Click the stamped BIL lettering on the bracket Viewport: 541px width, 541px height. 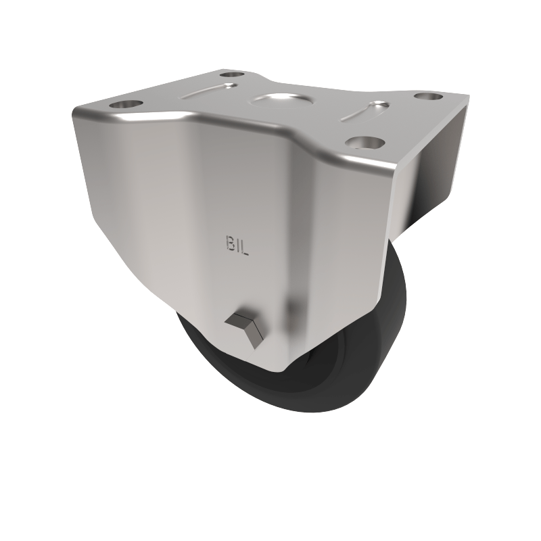point(236,245)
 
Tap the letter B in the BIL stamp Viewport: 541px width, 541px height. point(228,244)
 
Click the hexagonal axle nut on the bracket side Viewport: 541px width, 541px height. point(245,327)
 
